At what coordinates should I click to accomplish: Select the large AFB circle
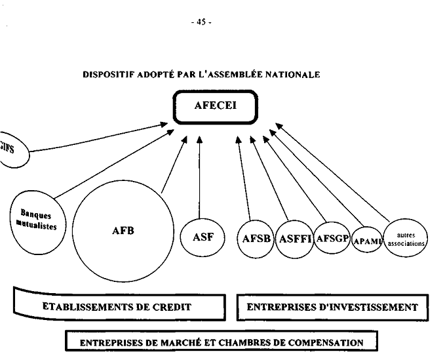click(x=123, y=231)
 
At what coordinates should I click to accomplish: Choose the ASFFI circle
click(x=293, y=238)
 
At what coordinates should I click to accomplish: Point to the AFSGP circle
click(x=332, y=237)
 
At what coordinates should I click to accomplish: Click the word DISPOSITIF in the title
click(x=106, y=75)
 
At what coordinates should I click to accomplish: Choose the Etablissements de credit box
click(x=117, y=306)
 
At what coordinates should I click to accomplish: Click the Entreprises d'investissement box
click(x=332, y=306)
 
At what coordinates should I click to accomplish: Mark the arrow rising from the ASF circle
click(x=199, y=177)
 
